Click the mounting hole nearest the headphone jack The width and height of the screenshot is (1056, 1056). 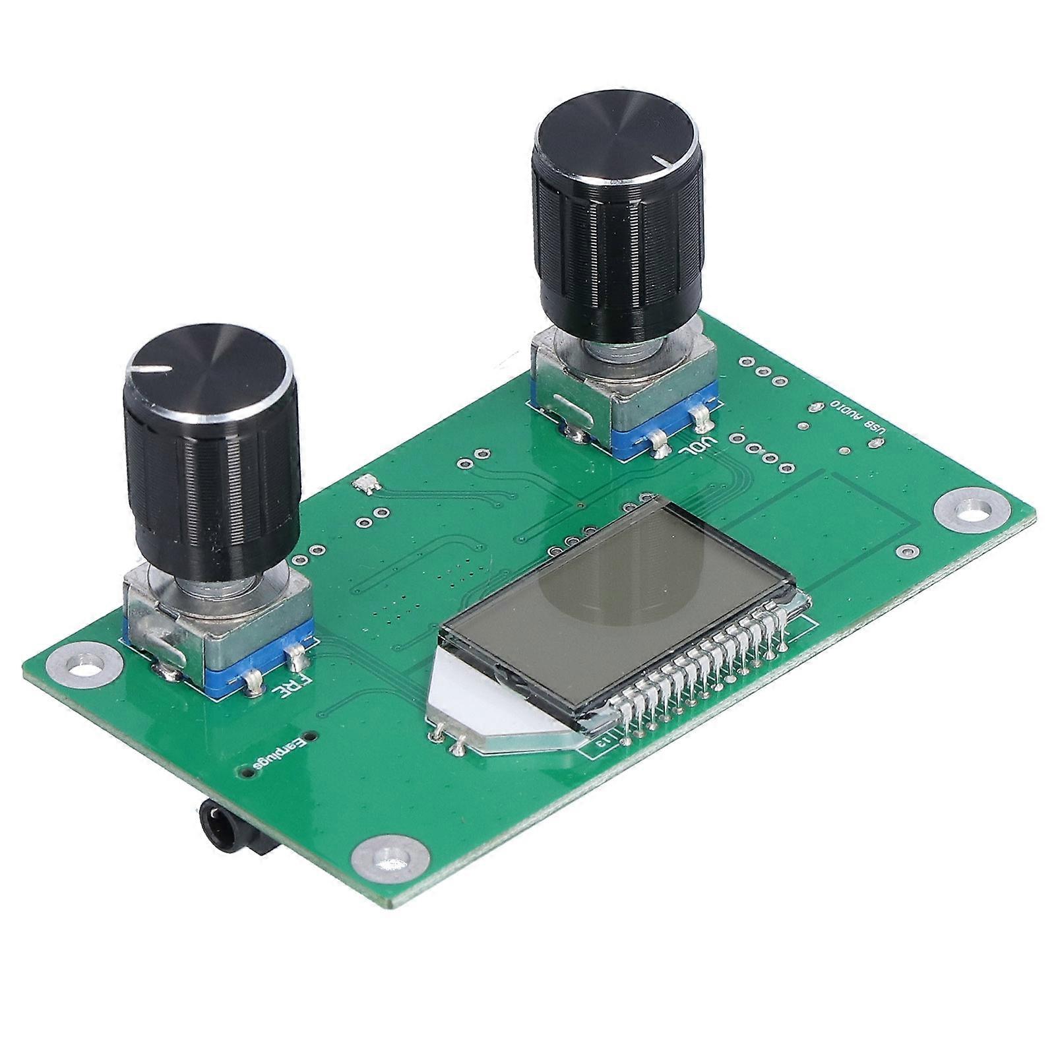click(383, 857)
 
